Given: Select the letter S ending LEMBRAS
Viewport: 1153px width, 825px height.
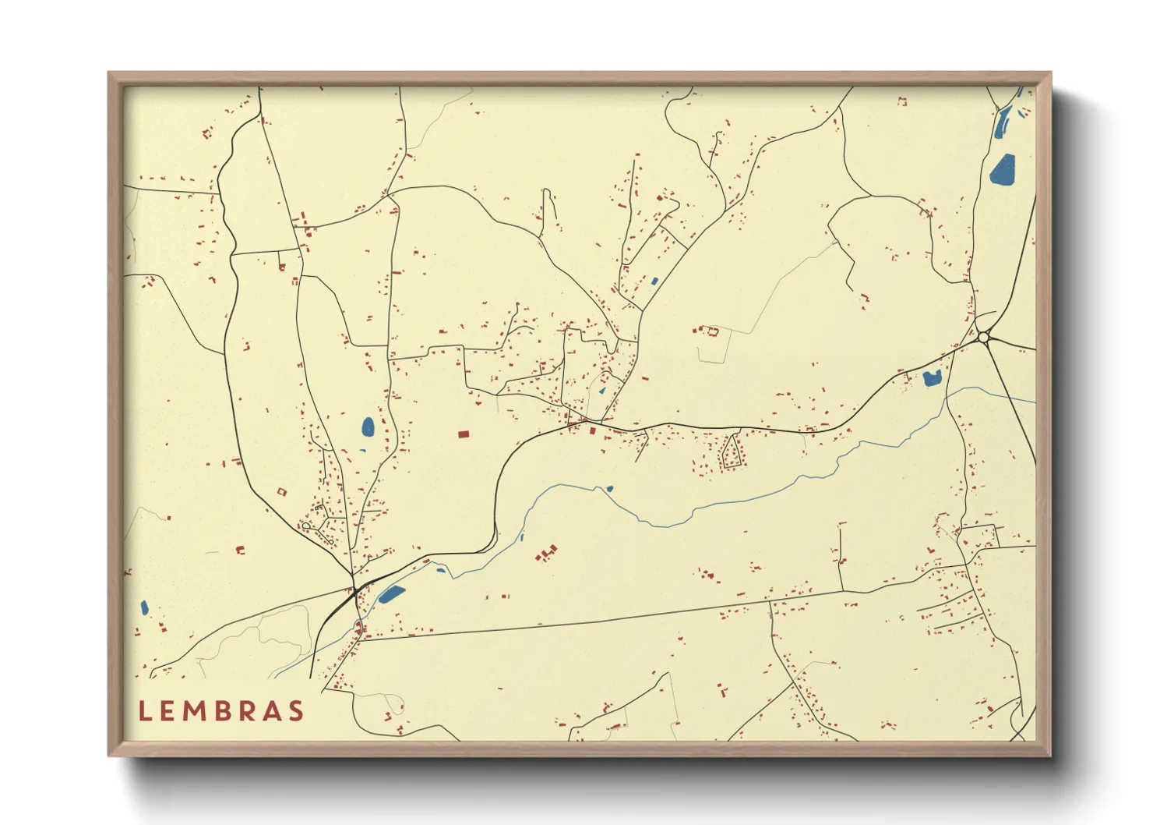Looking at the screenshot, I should [295, 711].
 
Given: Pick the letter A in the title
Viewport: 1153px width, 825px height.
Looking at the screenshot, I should [270, 711].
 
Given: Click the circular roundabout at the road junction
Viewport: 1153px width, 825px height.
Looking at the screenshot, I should [983, 338].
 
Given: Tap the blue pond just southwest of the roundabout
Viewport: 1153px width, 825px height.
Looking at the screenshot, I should [932, 379].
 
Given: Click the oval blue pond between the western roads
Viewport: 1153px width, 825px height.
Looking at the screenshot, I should [368, 427].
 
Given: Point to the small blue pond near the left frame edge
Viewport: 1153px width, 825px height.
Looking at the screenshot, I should [144, 607].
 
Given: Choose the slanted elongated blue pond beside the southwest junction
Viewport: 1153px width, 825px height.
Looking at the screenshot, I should [391, 594].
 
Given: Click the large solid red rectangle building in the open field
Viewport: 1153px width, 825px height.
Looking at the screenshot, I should [464, 434].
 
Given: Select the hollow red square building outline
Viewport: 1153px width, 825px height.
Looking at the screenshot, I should [282, 491].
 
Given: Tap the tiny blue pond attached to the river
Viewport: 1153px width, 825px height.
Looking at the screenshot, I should [609, 489].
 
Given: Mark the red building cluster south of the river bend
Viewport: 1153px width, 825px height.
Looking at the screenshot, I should [547, 553].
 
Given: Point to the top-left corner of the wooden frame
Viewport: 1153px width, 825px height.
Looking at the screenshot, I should [109, 73].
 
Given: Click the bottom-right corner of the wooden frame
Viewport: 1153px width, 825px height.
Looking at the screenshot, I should [1050, 756].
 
